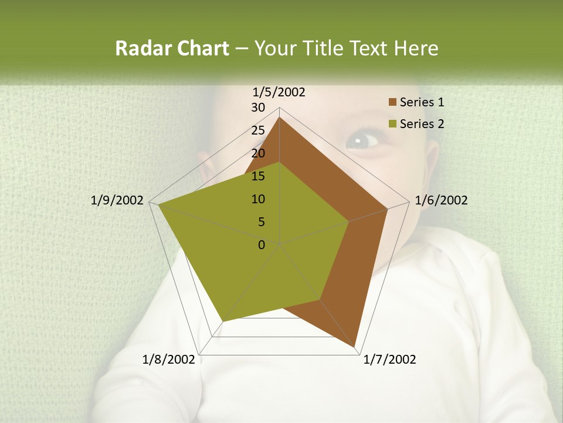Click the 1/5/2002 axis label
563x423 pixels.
pyautogui.click(x=279, y=92)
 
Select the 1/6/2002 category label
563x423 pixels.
pyautogui.click(x=441, y=200)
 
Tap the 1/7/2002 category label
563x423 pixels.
pyautogui.click(x=389, y=360)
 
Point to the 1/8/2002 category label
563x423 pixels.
pyautogui.click(x=169, y=360)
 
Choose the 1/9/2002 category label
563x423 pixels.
pyautogui.click(x=117, y=200)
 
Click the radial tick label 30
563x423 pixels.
pyautogui.click(x=258, y=108)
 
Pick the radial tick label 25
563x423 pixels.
pyautogui.click(x=258, y=130)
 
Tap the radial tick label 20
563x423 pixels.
pyautogui.click(x=258, y=153)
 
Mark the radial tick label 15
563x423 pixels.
pyautogui.click(x=258, y=176)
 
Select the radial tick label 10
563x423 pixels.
pyautogui.click(x=258, y=199)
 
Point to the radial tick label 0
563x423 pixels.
pyautogui.click(x=262, y=245)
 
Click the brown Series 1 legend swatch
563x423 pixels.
pyautogui.click(x=392, y=102)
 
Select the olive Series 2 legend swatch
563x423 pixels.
pyautogui.click(x=392, y=124)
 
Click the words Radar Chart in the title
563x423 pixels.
pyautogui.click(x=172, y=48)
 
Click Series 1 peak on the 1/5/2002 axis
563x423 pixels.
pyautogui.click(x=280, y=117)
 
